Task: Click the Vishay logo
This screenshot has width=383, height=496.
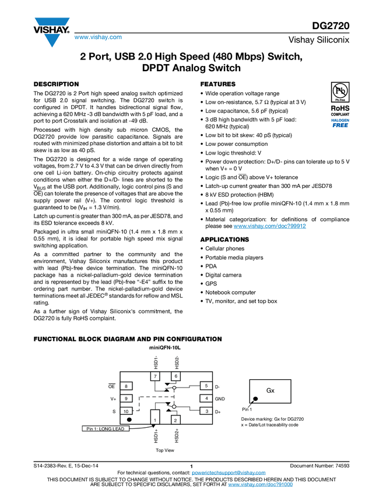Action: (x=51, y=32)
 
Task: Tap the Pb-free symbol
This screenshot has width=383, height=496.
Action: (x=340, y=92)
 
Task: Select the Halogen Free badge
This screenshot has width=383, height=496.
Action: (x=340, y=123)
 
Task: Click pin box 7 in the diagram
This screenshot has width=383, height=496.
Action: (x=156, y=376)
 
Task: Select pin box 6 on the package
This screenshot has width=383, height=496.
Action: (x=175, y=376)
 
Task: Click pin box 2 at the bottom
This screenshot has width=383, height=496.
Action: (x=175, y=419)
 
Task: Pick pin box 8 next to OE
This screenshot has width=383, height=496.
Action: (x=127, y=386)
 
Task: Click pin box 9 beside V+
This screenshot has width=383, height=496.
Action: (x=127, y=399)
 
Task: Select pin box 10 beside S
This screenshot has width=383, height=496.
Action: (x=127, y=411)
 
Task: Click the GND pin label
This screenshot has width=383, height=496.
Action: (x=220, y=399)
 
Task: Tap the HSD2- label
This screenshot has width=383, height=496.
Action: (x=175, y=362)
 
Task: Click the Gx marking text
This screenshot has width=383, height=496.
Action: (x=270, y=390)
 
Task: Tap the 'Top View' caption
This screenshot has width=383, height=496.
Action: (x=164, y=450)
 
